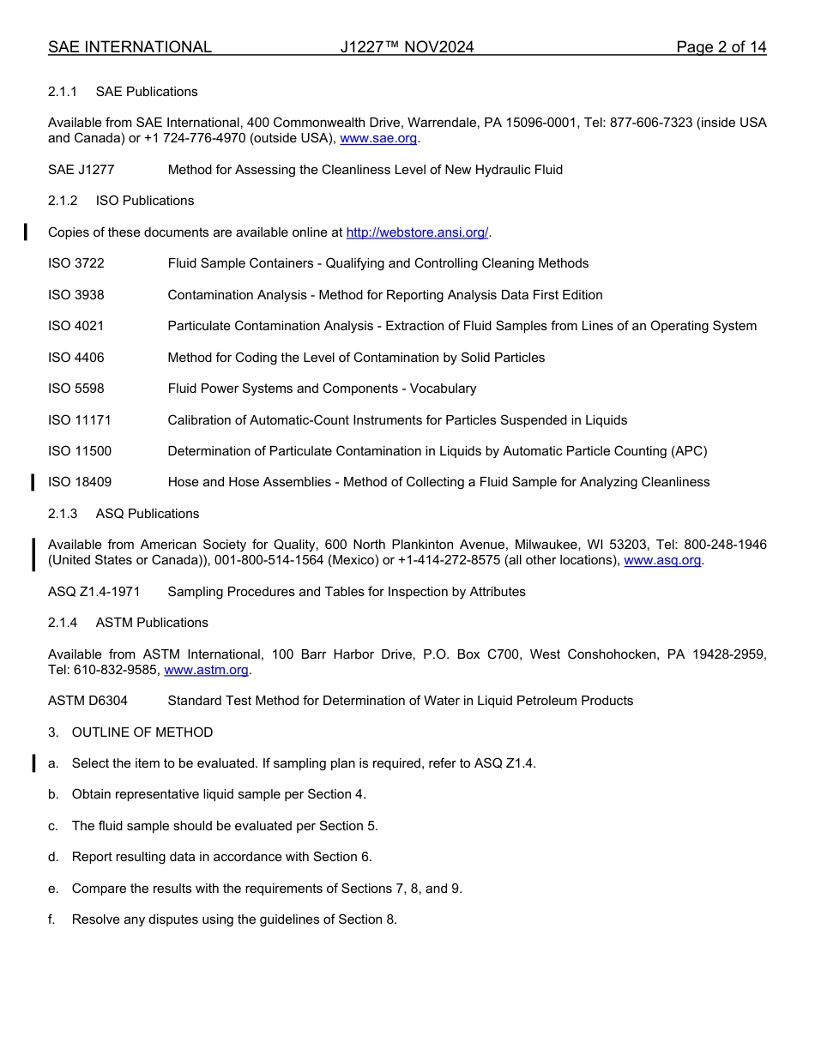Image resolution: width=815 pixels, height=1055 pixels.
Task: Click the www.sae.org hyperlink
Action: coord(378,138)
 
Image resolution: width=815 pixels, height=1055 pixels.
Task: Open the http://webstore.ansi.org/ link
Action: coord(417,232)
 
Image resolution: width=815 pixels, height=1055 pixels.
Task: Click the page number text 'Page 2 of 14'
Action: coord(721,47)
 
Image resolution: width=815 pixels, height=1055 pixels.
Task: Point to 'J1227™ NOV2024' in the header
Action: coord(407,47)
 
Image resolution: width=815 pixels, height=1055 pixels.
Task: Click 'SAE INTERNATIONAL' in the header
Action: coord(130,47)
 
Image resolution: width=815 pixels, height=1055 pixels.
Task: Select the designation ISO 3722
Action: coord(76,263)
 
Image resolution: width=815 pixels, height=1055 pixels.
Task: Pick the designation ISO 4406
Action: coord(76,358)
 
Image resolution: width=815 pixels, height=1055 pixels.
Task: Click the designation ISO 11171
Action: coord(80,420)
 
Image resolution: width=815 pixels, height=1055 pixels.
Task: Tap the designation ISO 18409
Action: coord(80,482)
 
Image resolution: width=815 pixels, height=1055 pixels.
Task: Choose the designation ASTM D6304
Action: coord(88,701)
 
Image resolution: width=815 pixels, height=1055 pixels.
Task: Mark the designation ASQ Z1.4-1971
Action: coord(94,592)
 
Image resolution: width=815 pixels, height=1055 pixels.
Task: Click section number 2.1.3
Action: coord(63,514)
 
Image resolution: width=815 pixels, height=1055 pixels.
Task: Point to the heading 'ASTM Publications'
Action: coord(152,623)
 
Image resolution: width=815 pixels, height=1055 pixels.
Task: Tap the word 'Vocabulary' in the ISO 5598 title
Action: coord(443,389)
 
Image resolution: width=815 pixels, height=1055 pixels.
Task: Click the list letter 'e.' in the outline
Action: coord(53,889)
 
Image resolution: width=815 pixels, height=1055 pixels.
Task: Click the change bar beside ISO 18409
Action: coord(33,482)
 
